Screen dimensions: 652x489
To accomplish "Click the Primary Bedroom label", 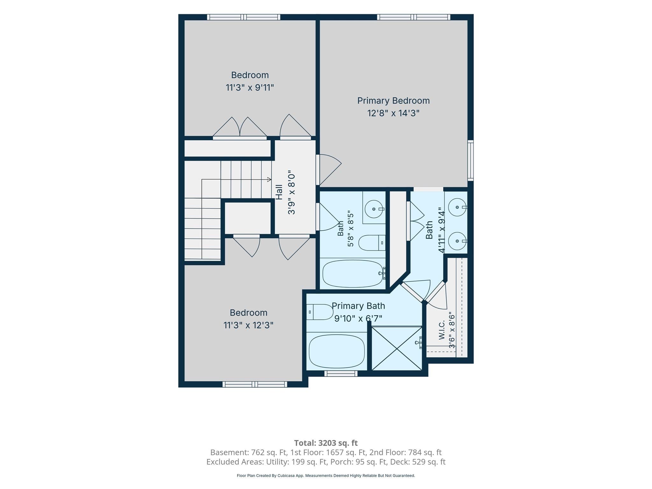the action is tap(393, 101).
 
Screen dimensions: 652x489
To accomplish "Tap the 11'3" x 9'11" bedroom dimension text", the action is tap(250, 88).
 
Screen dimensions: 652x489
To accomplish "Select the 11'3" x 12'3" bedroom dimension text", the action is tap(248, 325).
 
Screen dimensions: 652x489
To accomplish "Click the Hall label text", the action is tap(279, 192).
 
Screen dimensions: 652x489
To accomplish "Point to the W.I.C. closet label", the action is tap(442, 330).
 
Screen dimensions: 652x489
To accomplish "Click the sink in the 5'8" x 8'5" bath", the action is tap(374, 209).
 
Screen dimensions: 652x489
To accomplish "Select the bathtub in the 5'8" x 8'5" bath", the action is tap(353, 274).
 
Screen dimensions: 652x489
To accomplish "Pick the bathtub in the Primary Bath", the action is tap(337, 351).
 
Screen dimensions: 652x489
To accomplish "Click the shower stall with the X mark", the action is tap(397, 348).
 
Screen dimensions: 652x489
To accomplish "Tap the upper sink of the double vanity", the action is tap(457, 207).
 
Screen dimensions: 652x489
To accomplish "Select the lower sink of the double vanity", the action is tap(457, 241).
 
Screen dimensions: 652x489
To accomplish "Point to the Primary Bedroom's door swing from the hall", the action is tap(330, 170).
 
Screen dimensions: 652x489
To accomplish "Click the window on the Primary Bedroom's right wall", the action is tap(471, 160).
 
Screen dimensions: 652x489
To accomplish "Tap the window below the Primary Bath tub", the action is tap(341, 373).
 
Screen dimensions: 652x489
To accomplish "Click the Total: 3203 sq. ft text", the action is tap(326, 443).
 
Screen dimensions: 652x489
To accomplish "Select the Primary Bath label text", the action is tap(358, 306).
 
